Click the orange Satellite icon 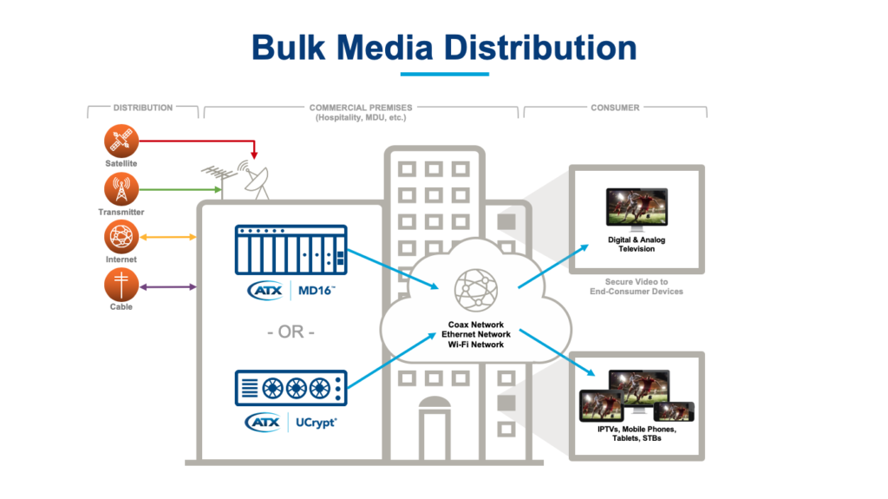tap(121, 140)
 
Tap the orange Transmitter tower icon tap(121, 188)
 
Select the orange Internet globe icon tap(121, 236)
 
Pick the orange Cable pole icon tap(121, 285)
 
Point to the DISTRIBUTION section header tap(143, 108)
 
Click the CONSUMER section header tap(615, 108)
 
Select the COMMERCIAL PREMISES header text tap(361, 108)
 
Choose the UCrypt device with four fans tap(291, 388)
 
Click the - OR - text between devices tap(290, 333)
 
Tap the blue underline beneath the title tap(444, 74)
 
